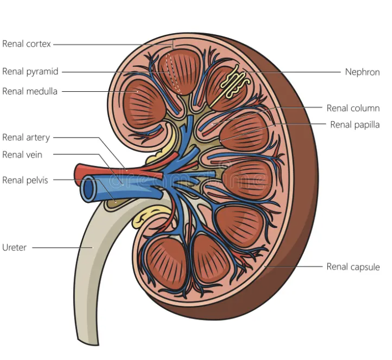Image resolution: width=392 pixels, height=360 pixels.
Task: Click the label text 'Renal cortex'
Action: (x=26, y=44)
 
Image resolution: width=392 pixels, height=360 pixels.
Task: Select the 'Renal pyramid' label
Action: (x=30, y=71)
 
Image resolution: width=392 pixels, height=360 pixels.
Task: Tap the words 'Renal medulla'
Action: (x=30, y=91)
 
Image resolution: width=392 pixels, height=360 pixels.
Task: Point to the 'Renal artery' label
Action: (x=26, y=137)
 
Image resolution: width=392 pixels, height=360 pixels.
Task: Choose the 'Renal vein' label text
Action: (x=22, y=155)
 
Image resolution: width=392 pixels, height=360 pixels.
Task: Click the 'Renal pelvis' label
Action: (x=25, y=180)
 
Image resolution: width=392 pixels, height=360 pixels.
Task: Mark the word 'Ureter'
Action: (x=14, y=247)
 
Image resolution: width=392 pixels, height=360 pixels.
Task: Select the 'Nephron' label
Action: (x=362, y=72)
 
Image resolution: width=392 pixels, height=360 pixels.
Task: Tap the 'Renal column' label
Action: (x=353, y=108)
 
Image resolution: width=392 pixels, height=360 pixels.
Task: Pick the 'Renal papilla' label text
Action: (x=355, y=124)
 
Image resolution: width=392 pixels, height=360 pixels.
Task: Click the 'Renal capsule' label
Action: (x=353, y=267)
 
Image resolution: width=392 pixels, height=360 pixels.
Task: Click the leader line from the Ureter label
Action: (x=61, y=247)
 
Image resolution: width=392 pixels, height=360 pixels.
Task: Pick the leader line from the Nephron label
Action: (x=293, y=72)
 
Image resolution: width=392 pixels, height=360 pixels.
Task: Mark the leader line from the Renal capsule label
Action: (x=293, y=267)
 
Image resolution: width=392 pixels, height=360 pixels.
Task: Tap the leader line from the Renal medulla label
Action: (x=94, y=91)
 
